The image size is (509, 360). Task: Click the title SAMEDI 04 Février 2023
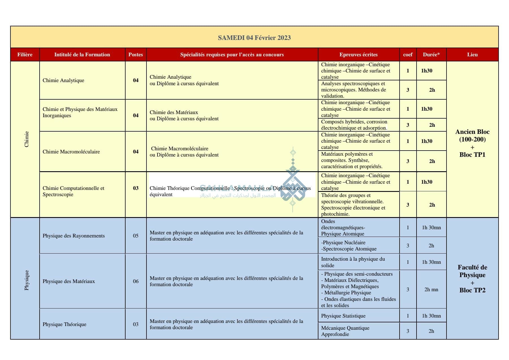point(254,38)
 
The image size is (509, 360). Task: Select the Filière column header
point(25,55)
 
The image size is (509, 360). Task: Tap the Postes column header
point(136,55)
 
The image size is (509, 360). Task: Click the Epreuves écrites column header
point(358,55)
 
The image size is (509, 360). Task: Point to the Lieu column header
point(472,55)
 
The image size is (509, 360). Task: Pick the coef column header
point(407,55)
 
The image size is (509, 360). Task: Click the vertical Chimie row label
point(27,139)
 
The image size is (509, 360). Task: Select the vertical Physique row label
point(27,280)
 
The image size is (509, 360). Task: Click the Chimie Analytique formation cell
point(63,80)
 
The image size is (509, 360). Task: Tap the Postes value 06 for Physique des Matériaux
point(136,281)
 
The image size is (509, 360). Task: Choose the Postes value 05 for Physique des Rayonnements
point(136,236)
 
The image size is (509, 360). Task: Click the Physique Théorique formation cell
point(64,324)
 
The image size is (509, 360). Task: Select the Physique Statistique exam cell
point(343,316)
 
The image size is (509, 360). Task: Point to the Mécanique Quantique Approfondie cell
point(345,331)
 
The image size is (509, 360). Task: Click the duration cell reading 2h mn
point(431,290)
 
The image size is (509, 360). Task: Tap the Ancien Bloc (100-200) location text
point(472,136)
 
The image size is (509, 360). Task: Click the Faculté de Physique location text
point(472,271)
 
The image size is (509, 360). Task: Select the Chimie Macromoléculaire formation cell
point(71,152)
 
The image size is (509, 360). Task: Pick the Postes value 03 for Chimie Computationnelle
point(136,188)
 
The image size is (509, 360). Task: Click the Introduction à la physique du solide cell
point(353,262)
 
